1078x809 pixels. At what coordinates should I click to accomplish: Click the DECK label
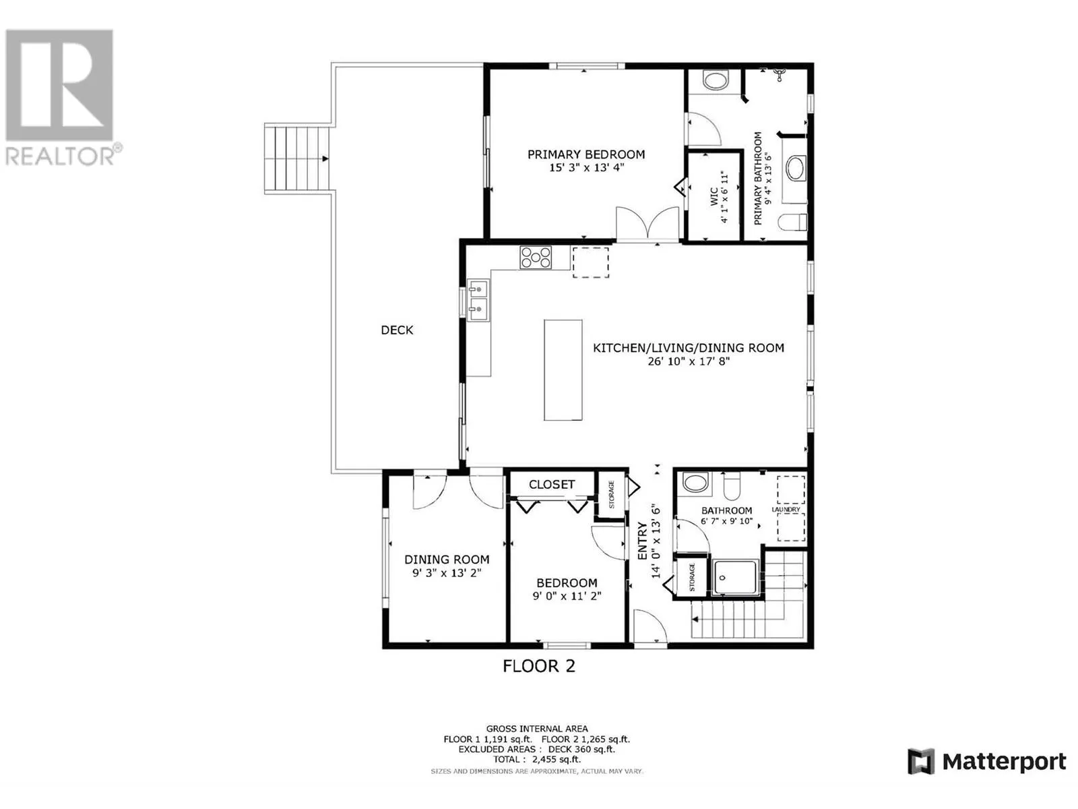(x=397, y=330)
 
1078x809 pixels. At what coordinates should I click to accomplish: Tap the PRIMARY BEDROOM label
(x=586, y=154)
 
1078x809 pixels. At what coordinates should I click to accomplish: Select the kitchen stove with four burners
(x=536, y=258)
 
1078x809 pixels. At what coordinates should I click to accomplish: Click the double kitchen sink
(x=478, y=299)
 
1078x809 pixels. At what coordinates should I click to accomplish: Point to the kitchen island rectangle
(x=563, y=370)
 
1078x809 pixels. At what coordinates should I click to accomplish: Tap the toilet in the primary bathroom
(x=792, y=222)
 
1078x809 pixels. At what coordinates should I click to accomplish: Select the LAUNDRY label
(x=786, y=510)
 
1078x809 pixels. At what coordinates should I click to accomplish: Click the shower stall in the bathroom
(x=735, y=577)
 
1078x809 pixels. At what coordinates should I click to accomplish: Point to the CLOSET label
(x=552, y=484)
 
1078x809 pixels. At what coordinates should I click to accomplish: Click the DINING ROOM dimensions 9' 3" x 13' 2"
(x=447, y=573)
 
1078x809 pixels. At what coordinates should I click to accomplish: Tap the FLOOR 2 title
(x=538, y=666)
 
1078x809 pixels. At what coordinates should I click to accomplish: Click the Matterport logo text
(x=1005, y=762)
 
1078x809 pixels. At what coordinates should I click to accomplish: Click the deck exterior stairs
(x=297, y=158)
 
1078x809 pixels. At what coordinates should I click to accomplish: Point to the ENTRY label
(x=642, y=541)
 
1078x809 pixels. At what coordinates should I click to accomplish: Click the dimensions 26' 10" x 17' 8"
(x=689, y=361)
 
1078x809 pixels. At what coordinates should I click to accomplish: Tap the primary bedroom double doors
(x=647, y=224)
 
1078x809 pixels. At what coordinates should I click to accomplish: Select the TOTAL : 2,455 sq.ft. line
(x=537, y=759)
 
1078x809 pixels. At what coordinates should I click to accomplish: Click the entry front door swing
(x=649, y=626)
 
